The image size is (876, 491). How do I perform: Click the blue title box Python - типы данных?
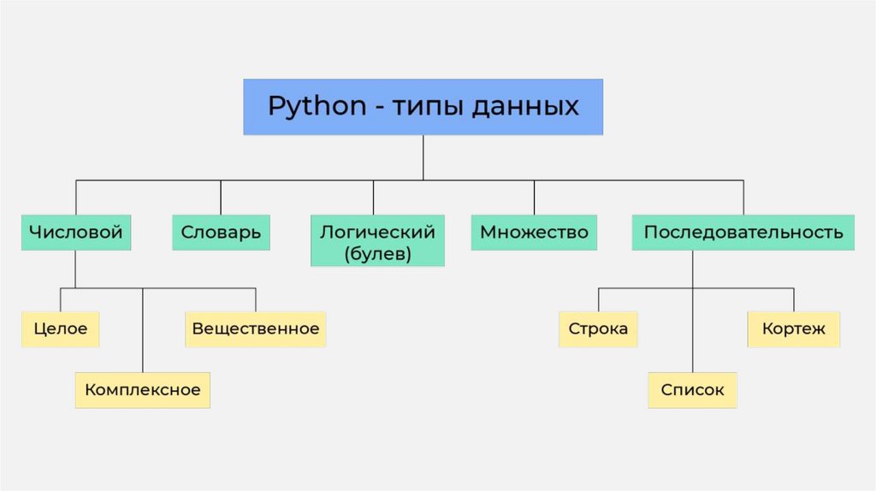point(423,107)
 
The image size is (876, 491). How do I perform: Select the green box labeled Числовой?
point(76,232)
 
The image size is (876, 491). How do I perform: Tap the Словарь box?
point(221,232)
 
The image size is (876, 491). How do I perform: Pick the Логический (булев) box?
point(377,240)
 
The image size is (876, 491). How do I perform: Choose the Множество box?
point(534,232)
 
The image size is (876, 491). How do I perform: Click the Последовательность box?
point(743,232)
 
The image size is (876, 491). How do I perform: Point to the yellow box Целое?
point(61,329)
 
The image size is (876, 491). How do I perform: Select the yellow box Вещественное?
point(255,329)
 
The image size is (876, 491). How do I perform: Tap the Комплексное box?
point(142,390)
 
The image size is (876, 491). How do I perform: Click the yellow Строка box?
point(598,329)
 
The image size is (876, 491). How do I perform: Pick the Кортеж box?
point(793,329)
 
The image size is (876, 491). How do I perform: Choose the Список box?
point(692,390)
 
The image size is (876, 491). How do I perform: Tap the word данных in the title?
point(532,107)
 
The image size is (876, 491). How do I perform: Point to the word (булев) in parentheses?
point(377,253)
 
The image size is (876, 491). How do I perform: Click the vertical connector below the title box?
point(423,157)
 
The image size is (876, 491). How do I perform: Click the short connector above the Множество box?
point(534,197)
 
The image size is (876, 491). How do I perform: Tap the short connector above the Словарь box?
point(221,197)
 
